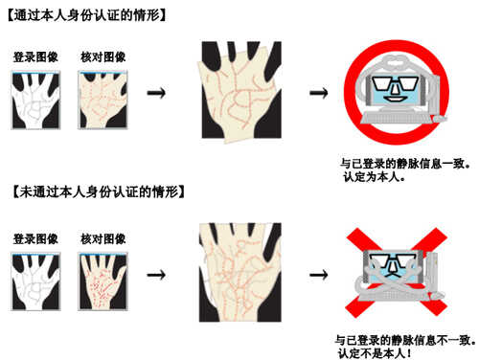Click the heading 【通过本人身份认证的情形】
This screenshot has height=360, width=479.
[x=86, y=15]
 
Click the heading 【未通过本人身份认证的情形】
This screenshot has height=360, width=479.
[x=99, y=191]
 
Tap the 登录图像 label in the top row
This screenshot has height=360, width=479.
[x=35, y=57]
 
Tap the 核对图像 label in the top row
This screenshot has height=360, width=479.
[x=103, y=57]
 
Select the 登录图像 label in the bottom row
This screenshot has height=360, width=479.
[x=35, y=238]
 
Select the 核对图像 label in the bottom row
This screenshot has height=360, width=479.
[x=103, y=238]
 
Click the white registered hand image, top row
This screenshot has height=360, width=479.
[x=35, y=101]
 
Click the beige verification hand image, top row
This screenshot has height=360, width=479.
[x=103, y=101]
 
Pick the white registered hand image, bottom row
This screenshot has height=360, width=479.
[x=35, y=281]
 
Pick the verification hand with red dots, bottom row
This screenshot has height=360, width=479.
[x=103, y=281]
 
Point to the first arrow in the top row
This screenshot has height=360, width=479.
[x=156, y=93]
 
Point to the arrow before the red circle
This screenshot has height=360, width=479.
[x=319, y=93]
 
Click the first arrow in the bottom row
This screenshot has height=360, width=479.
[x=156, y=275]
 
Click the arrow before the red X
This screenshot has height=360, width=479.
[x=319, y=275]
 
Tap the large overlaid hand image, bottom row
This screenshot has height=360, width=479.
[x=240, y=272]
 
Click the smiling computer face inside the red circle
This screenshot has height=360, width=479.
[x=396, y=89]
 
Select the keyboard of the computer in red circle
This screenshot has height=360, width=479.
[x=396, y=118]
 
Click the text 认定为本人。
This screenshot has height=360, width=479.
[x=375, y=177]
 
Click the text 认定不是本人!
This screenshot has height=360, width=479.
[x=375, y=353]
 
